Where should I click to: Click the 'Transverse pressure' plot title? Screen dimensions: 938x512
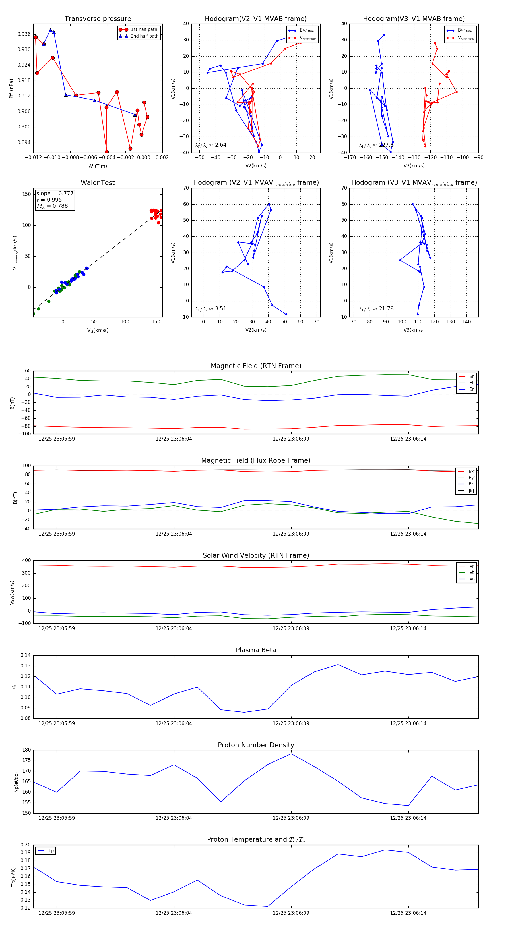[x=98, y=19]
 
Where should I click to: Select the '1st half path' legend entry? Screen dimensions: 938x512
[x=144, y=30]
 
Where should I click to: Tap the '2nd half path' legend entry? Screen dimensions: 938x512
[x=144, y=36]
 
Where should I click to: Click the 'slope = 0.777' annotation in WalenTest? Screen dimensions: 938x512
[x=55, y=193]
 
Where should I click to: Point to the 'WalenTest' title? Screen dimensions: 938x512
[x=98, y=183]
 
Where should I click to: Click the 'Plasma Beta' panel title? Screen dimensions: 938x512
[x=256, y=650]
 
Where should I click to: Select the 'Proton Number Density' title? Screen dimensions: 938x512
[x=256, y=745]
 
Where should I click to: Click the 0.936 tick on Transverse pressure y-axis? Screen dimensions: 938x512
[x=24, y=34]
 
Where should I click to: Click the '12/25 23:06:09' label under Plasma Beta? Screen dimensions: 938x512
[x=291, y=723]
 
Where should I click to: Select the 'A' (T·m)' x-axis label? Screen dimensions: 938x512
[x=98, y=166]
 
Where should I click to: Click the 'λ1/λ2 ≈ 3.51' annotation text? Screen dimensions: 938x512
[x=210, y=308]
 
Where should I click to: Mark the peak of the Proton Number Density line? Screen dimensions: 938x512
[x=291, y=754]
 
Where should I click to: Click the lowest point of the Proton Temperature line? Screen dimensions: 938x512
[x=267, y=906]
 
